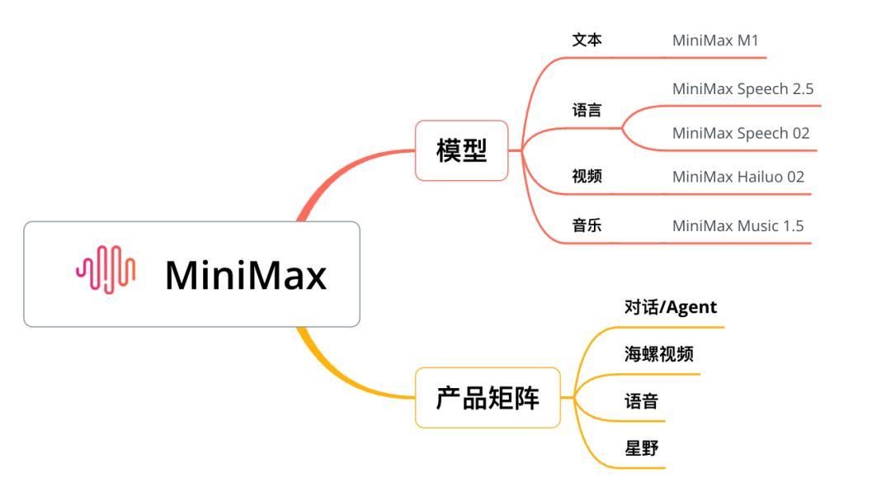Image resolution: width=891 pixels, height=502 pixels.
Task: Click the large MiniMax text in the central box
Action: click(246, 275)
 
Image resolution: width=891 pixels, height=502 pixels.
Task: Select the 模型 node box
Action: click(461, 150)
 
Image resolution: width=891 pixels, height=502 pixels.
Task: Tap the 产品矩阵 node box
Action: click(488, 398)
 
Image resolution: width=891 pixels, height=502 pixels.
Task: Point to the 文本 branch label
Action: click(587, 40)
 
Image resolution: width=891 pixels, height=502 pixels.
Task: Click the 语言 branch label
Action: click(587, 111)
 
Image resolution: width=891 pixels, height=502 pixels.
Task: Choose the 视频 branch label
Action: click(587, 176)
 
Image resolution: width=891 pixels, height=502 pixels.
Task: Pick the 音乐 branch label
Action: click(587, 225)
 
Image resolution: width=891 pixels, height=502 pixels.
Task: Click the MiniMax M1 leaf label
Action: click(715, 40)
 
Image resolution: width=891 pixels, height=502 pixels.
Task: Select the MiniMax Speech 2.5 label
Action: click(742, 88)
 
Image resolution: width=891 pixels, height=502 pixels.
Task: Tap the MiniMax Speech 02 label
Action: click(741, 133)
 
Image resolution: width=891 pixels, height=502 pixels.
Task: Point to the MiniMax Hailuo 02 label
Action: click(738, 176)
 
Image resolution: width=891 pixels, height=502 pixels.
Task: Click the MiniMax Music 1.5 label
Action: click(738, 225)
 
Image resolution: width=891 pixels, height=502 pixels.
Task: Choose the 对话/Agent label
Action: click(671, 307)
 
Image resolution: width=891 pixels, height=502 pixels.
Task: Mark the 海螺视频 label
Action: click(658, 354)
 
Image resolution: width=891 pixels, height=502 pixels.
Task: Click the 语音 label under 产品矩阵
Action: click(641, 402)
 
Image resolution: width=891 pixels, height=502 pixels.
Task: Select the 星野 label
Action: click(641, 448)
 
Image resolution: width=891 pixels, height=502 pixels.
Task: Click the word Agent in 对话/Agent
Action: click(691, 307)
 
